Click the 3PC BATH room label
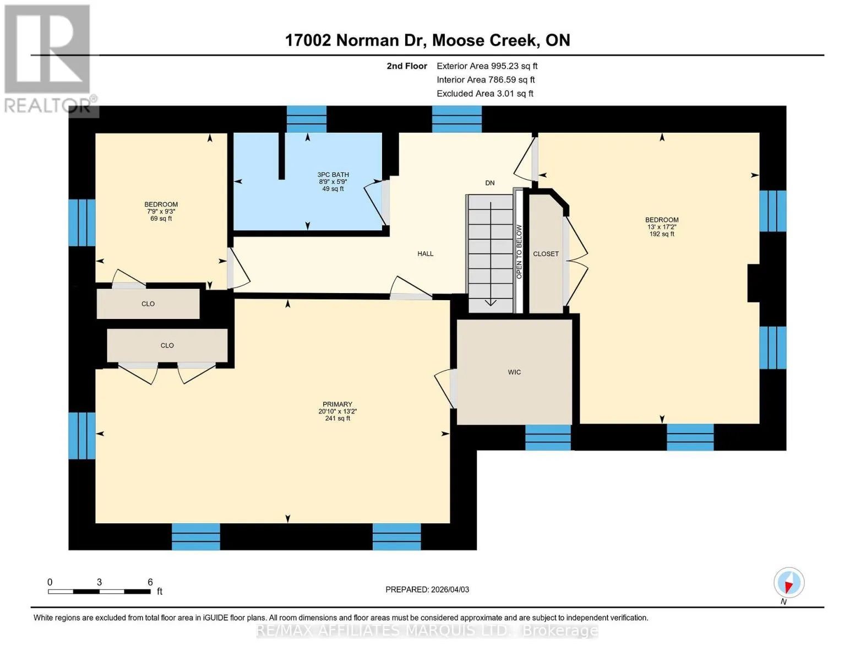point(333,175)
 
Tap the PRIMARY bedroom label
point(337,404)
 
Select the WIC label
point(514,372)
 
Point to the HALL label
point(426,254)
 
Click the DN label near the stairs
point(490,183)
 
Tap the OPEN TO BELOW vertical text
point(519,252)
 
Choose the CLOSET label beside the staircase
point(546,254)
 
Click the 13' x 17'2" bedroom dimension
point(662,227)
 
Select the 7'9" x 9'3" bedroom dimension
point(161,212)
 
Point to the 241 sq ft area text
point(337,419)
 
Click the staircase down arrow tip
point(491,306)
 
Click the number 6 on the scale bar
point(150,582)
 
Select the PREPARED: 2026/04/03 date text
point(427,589)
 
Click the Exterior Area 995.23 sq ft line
point(487,66)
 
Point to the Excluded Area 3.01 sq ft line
point(485,94)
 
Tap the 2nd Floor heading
point(407,66)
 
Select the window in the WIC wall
point(548,437)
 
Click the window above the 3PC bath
point(307,119)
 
